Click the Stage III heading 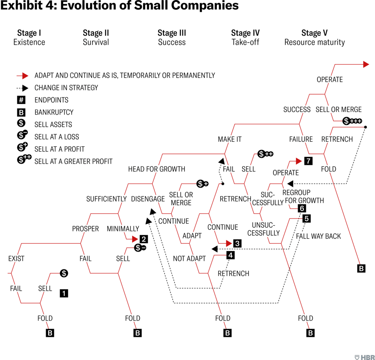click(x=172, y=33)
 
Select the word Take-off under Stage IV click(x=245, y=42)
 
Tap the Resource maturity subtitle click(x=314, y=42)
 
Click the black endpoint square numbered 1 click(x=64, y=293)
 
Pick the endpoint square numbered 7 click(x=308, y=161)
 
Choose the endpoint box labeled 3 click(x=237, y=243)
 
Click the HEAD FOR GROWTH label click(x=156, y=169)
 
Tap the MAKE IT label click(x=229, y=139)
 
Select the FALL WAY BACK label click(x=318, y=236)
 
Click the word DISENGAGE click(x=148, y=199)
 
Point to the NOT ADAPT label click(x=189, y=259)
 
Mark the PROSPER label click(x=85, y=229)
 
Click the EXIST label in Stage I click(x=16, y=259)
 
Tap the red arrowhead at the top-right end click(x=366, y=64)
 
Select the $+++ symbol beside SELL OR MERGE click(x=352, y=121)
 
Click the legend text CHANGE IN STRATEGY click(x=66, y=88)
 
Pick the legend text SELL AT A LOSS click(x=57, y=137)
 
